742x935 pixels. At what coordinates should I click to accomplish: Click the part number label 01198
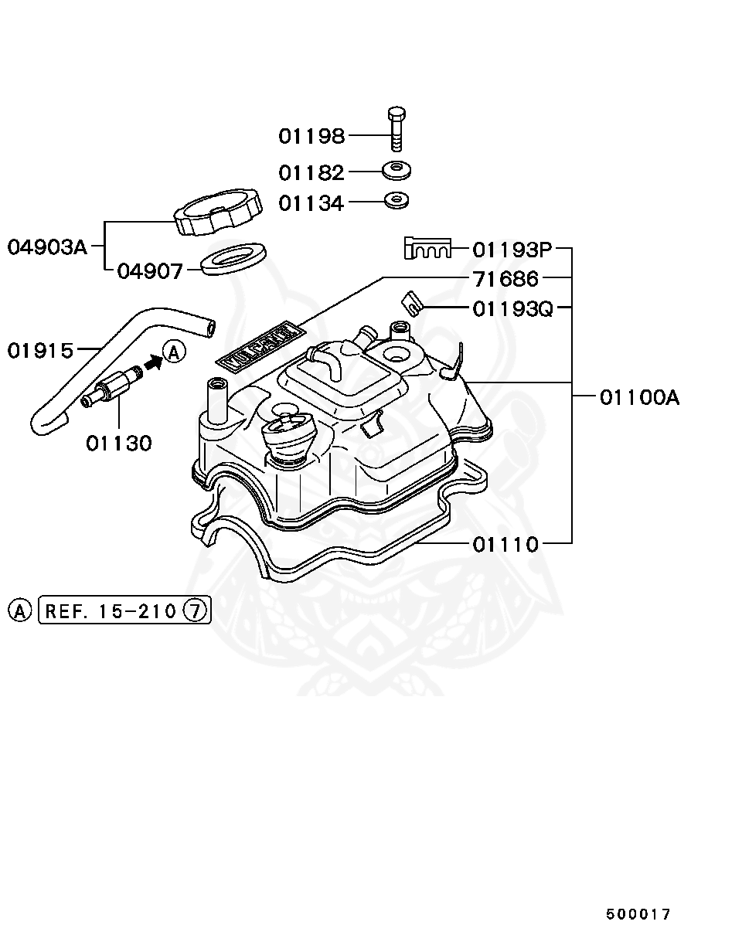(311, 137)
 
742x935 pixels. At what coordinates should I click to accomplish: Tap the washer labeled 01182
(397, 169)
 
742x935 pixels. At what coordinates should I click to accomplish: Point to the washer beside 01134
(397, 200)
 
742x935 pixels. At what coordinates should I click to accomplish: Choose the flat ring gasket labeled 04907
(233, 258)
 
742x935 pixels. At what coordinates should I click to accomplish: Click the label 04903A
(47, 247)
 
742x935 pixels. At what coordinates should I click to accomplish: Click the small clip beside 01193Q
(412, 304)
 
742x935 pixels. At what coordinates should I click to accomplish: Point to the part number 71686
(505, 278)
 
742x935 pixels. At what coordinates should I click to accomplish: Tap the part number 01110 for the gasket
(505, 545)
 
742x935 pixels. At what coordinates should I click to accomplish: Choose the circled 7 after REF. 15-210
(196, 611)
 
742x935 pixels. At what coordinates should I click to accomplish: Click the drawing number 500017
(638, 914)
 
